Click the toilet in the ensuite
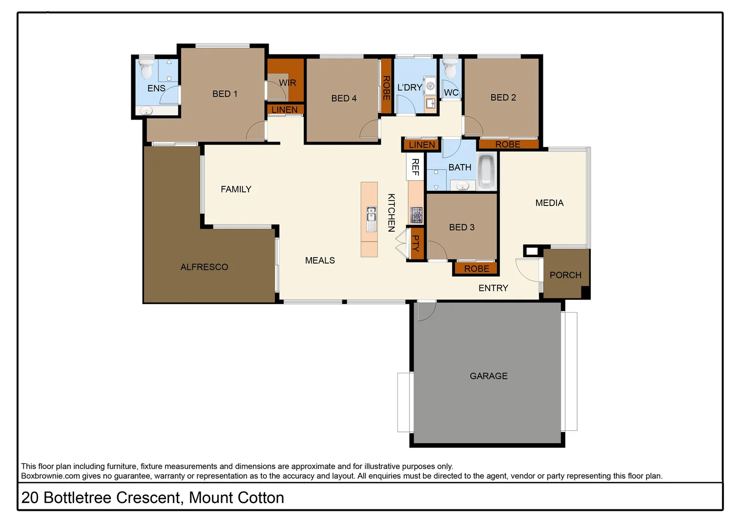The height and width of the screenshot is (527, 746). (146, 69)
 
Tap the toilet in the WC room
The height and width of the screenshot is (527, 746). (450, 69)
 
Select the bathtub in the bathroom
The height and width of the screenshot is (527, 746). (486, 171)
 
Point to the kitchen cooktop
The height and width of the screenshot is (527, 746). (416, 215)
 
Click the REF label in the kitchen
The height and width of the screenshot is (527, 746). (415, 167)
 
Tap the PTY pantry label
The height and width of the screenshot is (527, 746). (415, 243)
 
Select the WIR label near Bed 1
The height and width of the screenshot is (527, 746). (287, 83)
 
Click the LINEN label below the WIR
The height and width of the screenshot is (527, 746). (285, 110)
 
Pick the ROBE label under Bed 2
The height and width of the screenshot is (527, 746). (508, 144)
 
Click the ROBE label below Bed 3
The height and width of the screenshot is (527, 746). (477, 269)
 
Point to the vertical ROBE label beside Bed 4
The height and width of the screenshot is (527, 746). (386, 88)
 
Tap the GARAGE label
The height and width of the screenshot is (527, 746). (488, 376)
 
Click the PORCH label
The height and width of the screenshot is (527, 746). (565, 275)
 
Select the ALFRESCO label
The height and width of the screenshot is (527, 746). (204, 267)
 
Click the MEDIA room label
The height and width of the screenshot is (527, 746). (549, 203)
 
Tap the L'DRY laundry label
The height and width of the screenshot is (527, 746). (409, 87)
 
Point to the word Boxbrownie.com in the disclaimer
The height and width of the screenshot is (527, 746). (50, 476)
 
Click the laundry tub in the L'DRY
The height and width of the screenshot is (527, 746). (430, 86)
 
